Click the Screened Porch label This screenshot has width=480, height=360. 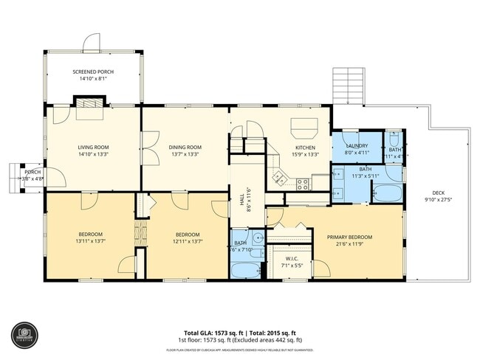92,72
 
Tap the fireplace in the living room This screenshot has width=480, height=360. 91,108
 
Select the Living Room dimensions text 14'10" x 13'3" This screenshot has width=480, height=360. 93,155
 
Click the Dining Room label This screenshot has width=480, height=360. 185,147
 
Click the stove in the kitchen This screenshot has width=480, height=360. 302,184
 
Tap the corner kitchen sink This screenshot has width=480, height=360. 278,178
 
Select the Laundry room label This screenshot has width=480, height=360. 356,145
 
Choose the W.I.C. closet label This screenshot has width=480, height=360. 289,258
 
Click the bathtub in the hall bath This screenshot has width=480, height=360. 245,269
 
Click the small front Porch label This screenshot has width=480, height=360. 32,173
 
